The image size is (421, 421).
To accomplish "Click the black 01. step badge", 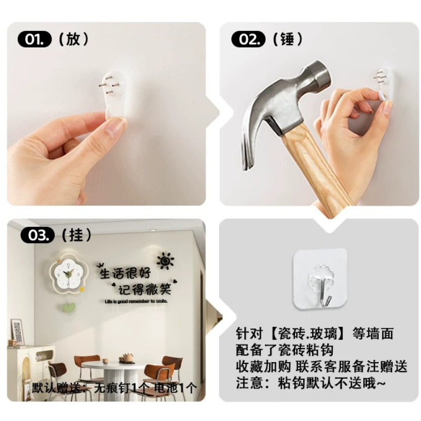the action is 34,39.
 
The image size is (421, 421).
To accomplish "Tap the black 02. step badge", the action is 248,39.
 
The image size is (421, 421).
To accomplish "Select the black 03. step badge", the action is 37,235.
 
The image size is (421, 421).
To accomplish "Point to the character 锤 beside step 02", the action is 287,39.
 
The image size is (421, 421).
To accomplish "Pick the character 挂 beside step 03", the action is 76,235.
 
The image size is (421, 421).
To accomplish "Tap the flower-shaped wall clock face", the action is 68,274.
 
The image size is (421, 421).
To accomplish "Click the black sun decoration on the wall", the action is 165,260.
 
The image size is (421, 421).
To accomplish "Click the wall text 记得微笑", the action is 145,289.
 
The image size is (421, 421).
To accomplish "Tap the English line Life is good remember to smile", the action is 136,301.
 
